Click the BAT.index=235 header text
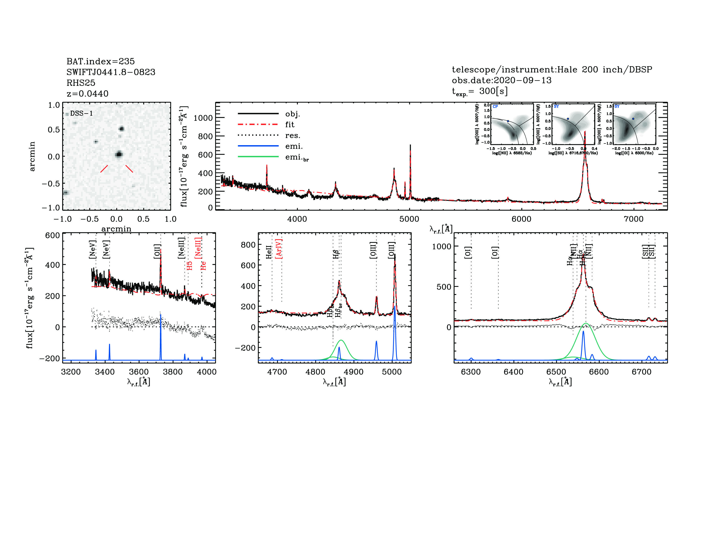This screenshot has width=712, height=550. click(x=100, y=61)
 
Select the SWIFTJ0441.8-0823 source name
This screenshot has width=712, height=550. click(x=111, y=72)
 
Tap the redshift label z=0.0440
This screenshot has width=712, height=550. click(x=87, y=94)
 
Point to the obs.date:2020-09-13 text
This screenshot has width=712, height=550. click(x=501, y=80)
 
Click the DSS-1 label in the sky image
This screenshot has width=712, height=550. click(x=81, y=113)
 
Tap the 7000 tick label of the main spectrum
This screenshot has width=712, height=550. click(x=633, y=219)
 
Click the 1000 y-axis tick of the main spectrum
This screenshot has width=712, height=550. click(x=203, y=118)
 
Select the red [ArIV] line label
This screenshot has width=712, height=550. click(x=279, y=249)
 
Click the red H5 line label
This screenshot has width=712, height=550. click(x=189, y=266)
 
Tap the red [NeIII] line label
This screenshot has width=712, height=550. click(x=198, y=248)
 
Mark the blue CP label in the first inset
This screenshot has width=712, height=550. click(x=495, y=107)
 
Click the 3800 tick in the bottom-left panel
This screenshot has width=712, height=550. click(x=173, y=372)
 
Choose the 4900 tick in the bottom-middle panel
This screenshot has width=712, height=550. click(x=353, y=372)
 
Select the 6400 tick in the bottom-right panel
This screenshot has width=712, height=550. click(x=514, y=372)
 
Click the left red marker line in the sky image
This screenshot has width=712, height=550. click(x=104, y=169)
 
